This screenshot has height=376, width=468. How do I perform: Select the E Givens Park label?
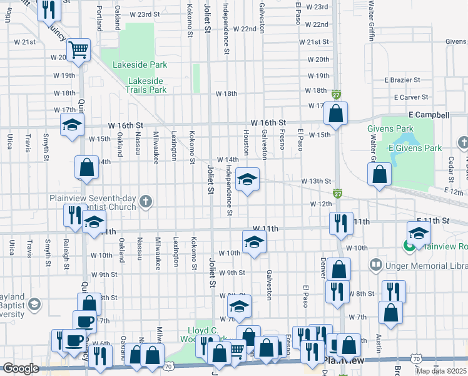pyautogui.click(x=415, y=148)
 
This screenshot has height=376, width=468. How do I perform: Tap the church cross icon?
pyautogui.click(x=146, y=202)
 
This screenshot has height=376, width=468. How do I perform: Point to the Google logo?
pyautogui.click(x=21, y=368)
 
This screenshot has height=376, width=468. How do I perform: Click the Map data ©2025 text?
pyautogui.click(x=442, y=370)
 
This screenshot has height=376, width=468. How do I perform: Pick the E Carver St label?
pyautogui.click(x=411, y=97)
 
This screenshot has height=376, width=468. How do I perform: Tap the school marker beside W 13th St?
pyautogui.click(x=248, y=180)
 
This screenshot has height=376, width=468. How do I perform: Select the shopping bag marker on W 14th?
pyautogui.click(x=86, y=167)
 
